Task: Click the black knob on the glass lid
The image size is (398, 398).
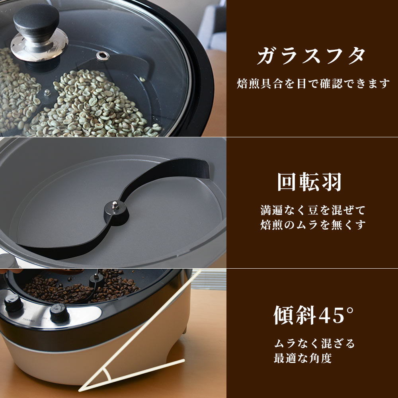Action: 36,22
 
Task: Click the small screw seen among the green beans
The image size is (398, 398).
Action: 47,93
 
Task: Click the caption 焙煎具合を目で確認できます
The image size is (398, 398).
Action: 312,84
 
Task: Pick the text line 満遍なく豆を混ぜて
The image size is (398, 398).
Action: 312,210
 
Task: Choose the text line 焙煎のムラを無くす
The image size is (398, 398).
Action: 312,225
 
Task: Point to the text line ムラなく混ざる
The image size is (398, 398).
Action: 314,343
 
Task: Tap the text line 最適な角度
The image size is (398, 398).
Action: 302,358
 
